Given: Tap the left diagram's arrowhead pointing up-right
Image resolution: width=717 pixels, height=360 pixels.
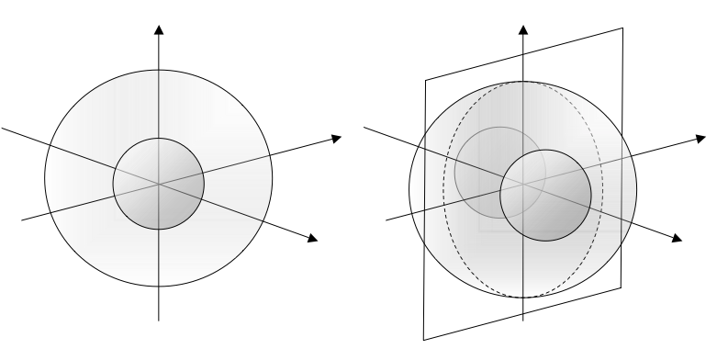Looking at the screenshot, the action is click(x=335, y=139).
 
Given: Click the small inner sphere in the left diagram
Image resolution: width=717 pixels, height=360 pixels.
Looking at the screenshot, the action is click(x=159, y=184).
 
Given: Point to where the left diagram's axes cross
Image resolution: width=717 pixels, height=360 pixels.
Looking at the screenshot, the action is click(x=160, y=184).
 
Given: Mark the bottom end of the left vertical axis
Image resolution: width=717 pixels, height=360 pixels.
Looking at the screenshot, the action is click(x=160, y=318).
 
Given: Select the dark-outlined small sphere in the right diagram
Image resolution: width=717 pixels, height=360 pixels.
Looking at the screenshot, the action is click(x=545, y=195).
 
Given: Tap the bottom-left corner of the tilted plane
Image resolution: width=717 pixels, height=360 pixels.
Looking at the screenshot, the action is click(x=423, y=341).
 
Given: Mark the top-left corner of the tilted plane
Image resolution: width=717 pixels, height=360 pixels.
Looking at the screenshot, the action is click(x=425, y=80).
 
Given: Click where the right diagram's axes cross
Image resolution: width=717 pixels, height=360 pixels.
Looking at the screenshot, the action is click(x=524, y=184).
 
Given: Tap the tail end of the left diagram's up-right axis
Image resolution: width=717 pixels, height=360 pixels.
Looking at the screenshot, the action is click(x=21, y=219).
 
